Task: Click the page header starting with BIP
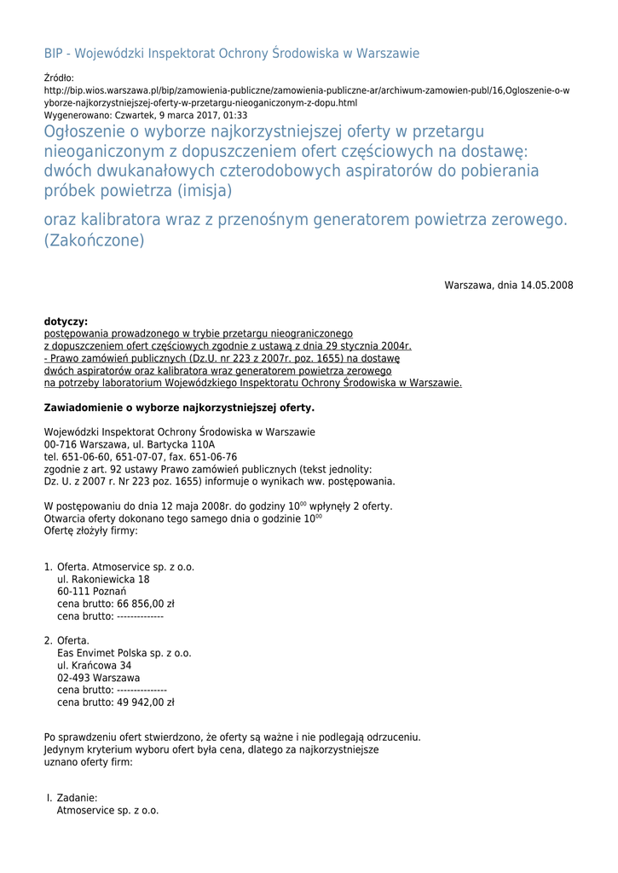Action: pyautogui.click(x=232, y=53)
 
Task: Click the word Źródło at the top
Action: pyautogui.click(x=59, y=78)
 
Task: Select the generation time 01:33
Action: pyautogui.click(x=234, y=114)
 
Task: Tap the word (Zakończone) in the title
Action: pyautogui.click(x=95, y=240)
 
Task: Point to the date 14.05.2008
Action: pyautogui.click(x=546, y=285)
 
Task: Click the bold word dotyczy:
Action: pyautogui.click(x=66, y=321)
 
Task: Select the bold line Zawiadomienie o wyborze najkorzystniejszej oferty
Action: pyautogui.click(x=179, y=408)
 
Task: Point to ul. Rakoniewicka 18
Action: pyautogui.click(x=103, y=579)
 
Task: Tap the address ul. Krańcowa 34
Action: pyautogui.click(x=94, y=665)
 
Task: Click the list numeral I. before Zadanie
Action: pyautogui.click(x=49, y=798)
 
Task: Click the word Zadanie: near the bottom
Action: pyautogui.click(x=78, y=798)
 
